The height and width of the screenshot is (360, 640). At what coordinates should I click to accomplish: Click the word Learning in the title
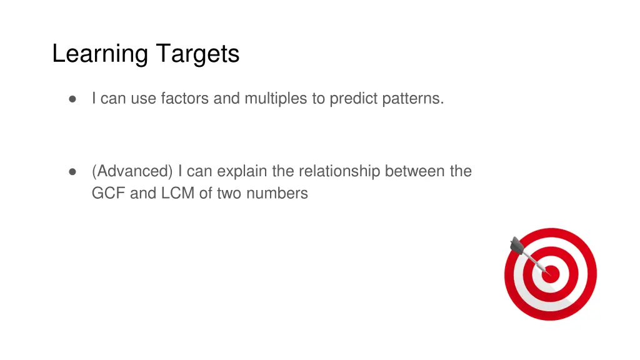100,54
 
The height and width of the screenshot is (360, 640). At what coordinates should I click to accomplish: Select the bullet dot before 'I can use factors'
72,99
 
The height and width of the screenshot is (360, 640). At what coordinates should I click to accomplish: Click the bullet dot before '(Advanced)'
72,171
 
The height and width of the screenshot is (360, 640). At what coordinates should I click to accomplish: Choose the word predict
352,99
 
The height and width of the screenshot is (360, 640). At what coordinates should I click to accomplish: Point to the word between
415,171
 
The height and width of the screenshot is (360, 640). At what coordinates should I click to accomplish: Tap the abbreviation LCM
178,194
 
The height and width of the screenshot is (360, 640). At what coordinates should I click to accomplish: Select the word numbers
277,194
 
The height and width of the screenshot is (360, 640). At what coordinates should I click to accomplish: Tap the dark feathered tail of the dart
517,246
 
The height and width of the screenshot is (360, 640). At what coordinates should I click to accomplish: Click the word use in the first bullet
144,99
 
